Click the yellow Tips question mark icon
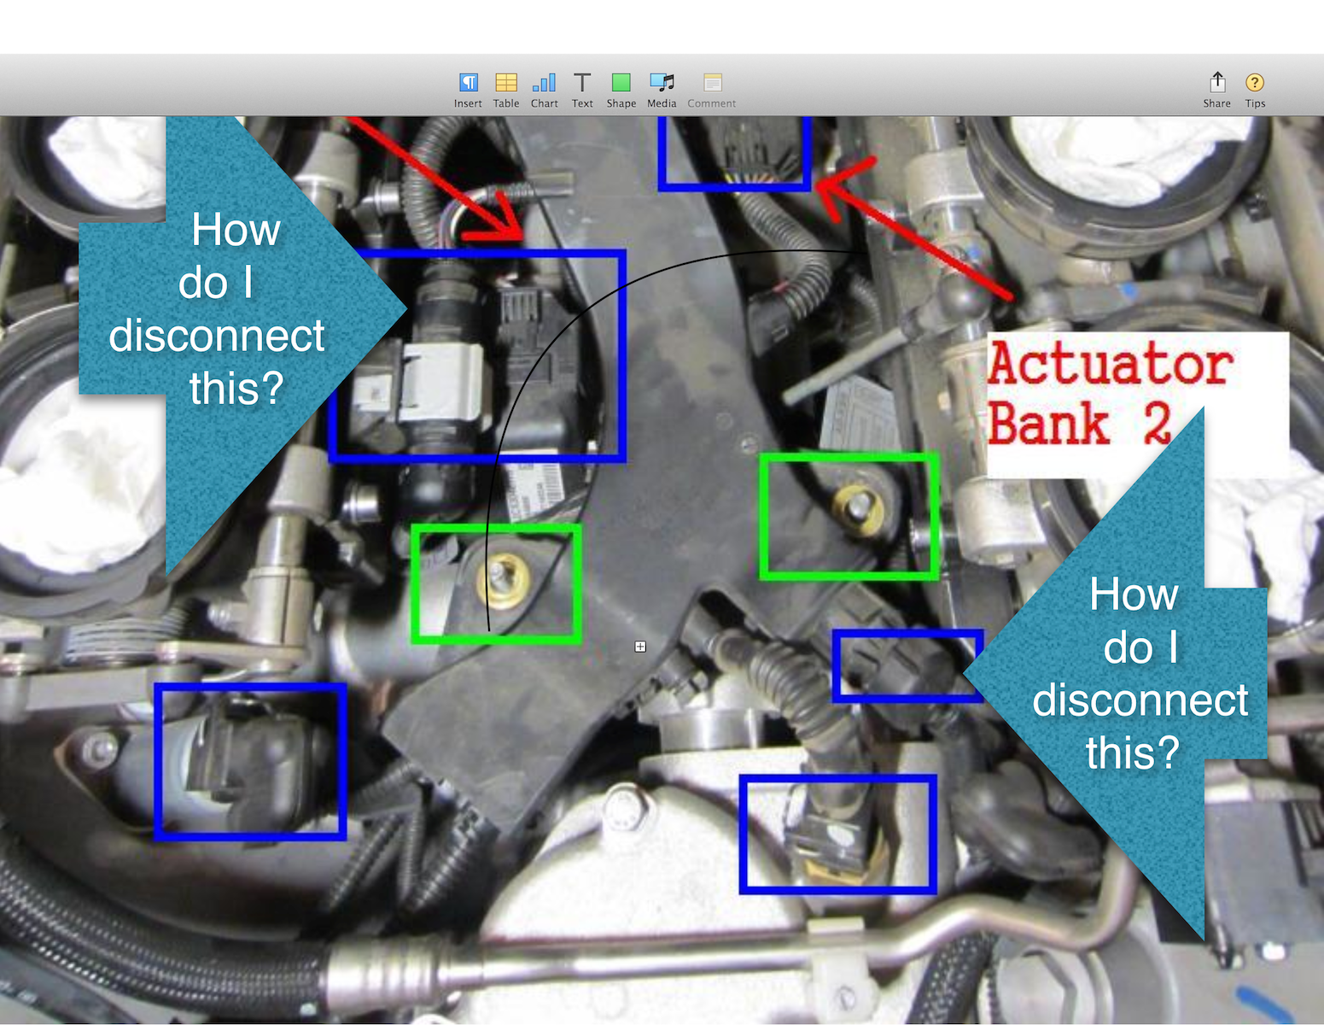click(1255, 82)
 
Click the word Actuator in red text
click(1110, 365)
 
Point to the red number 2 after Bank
click(1156, 424)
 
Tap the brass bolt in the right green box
click(859, 509)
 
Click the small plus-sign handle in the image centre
click(639, 647)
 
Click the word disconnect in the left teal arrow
click(216, 335)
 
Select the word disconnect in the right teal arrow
click(1140, 700)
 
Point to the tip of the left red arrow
click(522, 238)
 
